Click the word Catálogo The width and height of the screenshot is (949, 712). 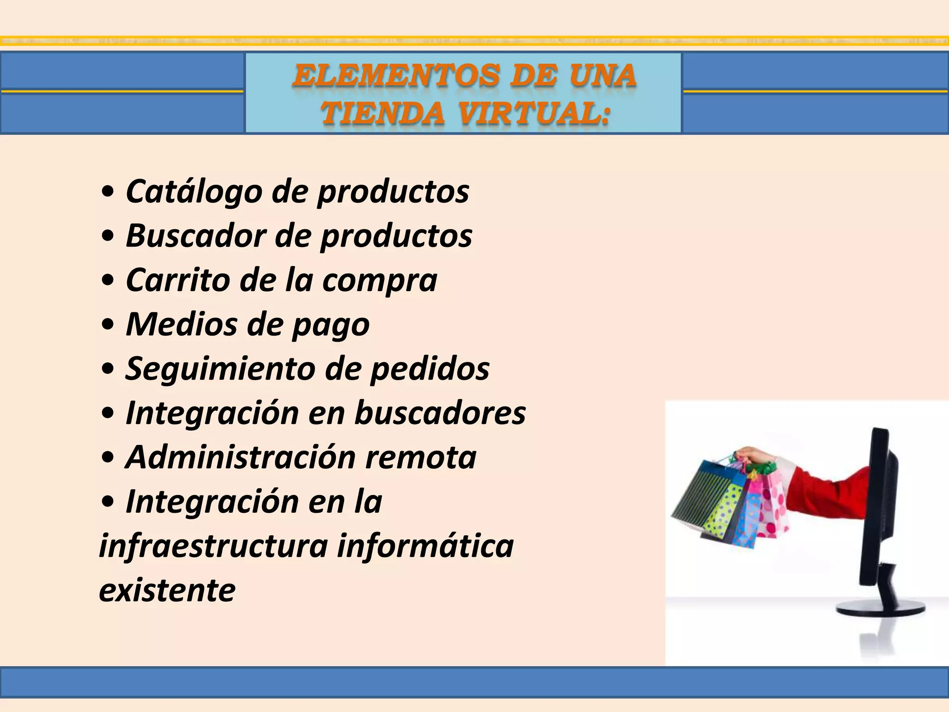pos(194,191)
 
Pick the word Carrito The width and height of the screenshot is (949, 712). pos(178,280)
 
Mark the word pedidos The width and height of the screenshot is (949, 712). pos(430,369)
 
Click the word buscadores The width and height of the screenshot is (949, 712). pos(440,412)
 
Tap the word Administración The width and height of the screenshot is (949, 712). pos(240,457)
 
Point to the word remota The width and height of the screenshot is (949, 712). pos(421,457)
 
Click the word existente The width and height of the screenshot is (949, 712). pos(167,590)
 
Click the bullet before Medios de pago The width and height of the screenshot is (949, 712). pos(108,325)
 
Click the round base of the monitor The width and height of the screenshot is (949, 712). pos(880,610)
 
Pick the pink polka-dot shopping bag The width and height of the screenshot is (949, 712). pos(773,510)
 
